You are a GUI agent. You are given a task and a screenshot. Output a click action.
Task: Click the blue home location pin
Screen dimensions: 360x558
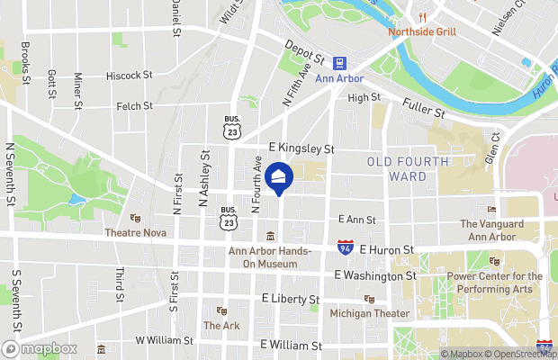coord(278,178)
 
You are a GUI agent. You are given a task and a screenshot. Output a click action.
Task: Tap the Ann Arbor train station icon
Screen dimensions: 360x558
coord(340,63)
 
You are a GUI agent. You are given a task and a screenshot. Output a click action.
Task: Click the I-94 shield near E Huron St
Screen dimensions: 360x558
coord(345,246)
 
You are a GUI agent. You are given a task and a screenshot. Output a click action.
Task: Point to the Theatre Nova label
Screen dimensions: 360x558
coord(136,232)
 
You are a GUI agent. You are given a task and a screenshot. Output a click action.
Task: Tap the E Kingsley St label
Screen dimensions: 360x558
coord(301,148)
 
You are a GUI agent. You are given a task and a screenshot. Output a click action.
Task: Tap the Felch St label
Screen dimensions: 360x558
coord(134,106)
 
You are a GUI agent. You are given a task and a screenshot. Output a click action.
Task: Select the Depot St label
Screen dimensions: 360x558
coord(302,49)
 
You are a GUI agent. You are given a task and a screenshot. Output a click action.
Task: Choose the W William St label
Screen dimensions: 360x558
coord(164,341)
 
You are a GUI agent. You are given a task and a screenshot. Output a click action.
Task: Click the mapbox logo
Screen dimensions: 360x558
coord(40,348)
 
